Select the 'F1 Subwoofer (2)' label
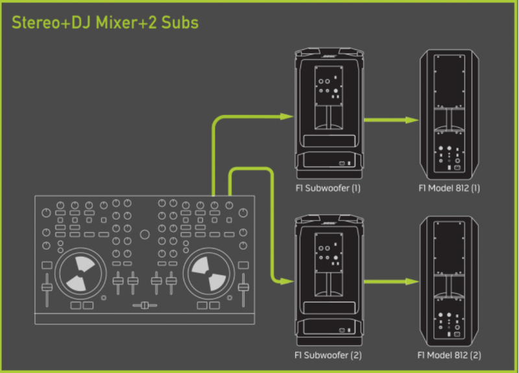coord(327,355)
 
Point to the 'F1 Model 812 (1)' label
coord(450,189)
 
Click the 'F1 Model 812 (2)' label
coord(450,355)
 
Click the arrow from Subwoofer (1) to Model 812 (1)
coord(389,120)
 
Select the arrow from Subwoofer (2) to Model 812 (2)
coord(389,282)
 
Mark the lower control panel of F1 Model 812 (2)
coord(450,321)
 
